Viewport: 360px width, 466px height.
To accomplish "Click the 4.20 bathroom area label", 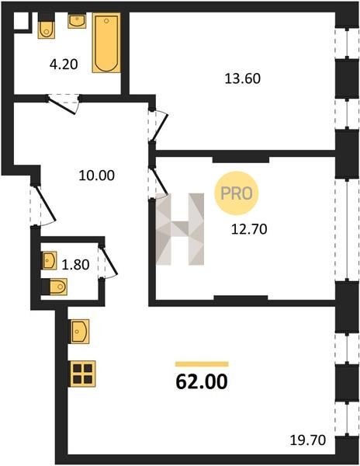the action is [x=64, y=64].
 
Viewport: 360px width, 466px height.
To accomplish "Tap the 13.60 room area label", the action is [x=243, y=78].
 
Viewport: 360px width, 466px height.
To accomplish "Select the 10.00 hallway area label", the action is [x=97, y=176].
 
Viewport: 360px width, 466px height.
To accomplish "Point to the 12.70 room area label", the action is [x=249, y=229].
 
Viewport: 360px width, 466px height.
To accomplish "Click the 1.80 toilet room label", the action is [x=75, y=265].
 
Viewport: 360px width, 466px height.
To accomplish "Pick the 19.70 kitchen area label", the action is [x=308, y=440].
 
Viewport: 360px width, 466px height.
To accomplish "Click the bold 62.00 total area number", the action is [x=202, y=381].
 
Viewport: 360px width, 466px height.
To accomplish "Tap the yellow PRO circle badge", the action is [x=237, y=193].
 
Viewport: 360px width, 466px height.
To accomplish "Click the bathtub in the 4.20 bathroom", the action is [x=106, y=43].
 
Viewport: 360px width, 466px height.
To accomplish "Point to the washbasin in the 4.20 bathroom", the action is [x=77, y=20].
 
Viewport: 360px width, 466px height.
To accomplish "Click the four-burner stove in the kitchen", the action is [x=83, y=374].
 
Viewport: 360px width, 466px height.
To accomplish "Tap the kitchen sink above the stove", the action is [x=79, y=332].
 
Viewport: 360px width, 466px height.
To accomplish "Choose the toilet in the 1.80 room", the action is [x=54, y=287].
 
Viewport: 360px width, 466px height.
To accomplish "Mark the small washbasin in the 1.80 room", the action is [x=49, y=260].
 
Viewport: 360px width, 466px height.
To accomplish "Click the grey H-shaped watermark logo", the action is [x=180, y=229].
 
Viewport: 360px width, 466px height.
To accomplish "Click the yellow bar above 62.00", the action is [x=202, y=364].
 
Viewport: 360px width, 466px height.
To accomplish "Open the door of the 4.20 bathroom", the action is [x=63, y=104].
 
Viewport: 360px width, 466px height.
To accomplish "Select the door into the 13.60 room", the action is [x=158, y=125].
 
